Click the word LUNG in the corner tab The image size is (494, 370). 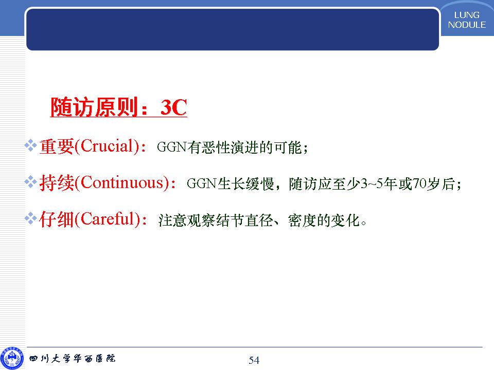(x=467, y=15)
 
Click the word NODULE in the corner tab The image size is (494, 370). (x=467, y=25)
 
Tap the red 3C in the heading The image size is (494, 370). (x=173, y=107)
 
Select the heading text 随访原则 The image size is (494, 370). (x=95, y=107)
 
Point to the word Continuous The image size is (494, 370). (x=122, y=182)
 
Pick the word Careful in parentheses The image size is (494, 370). (x=108, y=219)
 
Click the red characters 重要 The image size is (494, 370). (x=57, y=146)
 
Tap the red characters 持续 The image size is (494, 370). (x=57, y=183)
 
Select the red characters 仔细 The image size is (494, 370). (x=57, y=219)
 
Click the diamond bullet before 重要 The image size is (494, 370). (x=31, y=145)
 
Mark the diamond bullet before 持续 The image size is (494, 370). (x=31, y=182)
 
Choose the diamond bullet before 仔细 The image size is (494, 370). (x=31, y=218)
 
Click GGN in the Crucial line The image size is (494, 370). (x=172, y=147)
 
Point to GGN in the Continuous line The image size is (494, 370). (x=202, y=183)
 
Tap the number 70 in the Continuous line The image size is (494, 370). (x=419, y=183)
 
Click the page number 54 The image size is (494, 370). (x=254, y=360)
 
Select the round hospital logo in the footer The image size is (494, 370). (x=12, y=358)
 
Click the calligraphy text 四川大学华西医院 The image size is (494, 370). (x=72, y=358)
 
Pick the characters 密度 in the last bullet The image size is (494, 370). (x=302, y=220)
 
